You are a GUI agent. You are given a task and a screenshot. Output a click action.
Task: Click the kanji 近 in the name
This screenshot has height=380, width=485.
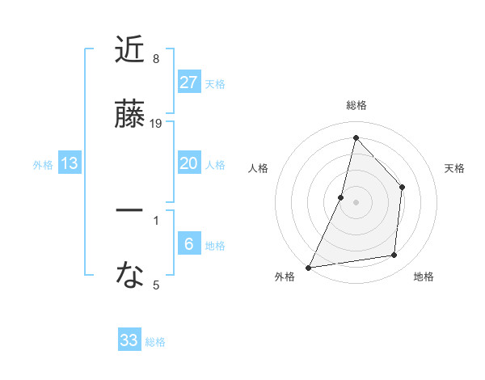point(129,50)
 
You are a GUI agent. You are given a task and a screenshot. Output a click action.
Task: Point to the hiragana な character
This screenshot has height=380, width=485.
point(129,276)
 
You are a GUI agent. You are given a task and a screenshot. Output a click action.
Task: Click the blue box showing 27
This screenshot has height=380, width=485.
point(189,82)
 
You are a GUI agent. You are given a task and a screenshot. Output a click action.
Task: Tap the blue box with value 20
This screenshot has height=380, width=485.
point(189,163)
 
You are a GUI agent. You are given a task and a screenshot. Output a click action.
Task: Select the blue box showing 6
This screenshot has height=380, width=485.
point(189,243)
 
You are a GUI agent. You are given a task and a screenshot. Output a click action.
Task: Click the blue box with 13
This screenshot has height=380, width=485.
point(70,163)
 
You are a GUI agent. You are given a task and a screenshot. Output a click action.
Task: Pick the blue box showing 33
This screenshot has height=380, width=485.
point(129,340)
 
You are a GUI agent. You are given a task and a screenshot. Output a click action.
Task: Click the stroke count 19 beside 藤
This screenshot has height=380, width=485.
point(157,124)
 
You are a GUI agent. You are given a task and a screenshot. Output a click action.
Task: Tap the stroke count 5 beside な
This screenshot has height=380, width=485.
point(156,285)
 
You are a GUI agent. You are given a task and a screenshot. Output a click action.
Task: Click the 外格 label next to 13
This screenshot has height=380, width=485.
point(44,165)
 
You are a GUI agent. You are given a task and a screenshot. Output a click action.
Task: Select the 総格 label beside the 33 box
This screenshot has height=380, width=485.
point(155,342)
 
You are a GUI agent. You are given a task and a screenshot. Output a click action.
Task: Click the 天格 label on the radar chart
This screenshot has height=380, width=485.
point(455,168)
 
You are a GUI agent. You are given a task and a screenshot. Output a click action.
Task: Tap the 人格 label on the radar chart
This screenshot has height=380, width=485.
point(258,168)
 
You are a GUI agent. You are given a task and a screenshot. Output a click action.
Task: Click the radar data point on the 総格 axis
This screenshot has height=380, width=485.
point(356,137)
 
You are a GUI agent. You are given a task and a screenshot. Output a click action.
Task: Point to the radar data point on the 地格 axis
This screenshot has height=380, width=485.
point(394,255)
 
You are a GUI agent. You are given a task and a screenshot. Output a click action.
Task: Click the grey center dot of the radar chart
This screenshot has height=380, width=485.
point(356,202)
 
